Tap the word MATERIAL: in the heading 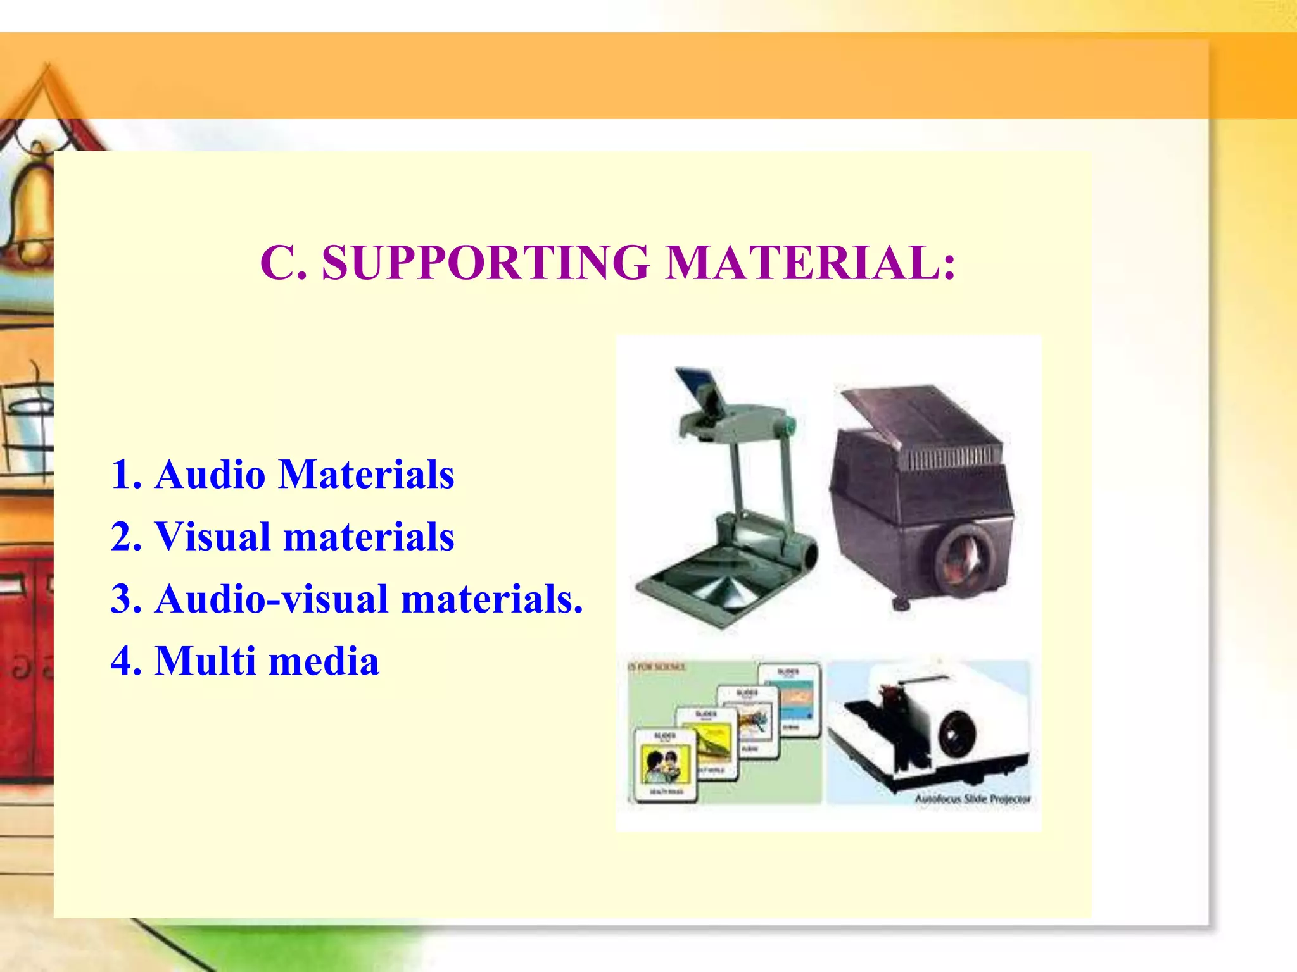click(811, 263)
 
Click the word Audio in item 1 click(210, 475)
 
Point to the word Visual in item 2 click(213, 537)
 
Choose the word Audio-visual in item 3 click(272, 599)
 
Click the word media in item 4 click(324, 661)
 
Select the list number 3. click(124, 599)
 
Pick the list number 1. click(124, 475)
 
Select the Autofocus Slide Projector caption click(972, 799)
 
